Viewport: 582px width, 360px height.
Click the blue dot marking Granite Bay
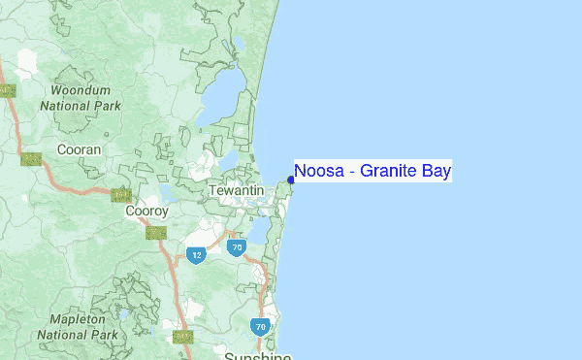(291, 179)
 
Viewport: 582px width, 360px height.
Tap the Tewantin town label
(236, 192)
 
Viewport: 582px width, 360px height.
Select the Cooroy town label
(147, 211)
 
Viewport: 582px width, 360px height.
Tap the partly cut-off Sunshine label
(257, 356)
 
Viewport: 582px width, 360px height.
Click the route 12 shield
(196, 253)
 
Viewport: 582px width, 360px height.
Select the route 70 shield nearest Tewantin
(236, 247)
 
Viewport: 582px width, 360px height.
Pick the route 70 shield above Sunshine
(260, 327)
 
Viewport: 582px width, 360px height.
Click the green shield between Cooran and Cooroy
(121, 196)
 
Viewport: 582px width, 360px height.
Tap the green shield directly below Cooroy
(154, 232)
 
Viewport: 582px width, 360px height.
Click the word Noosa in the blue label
(316, 172)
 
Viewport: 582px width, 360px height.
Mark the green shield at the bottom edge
(182, 337)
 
